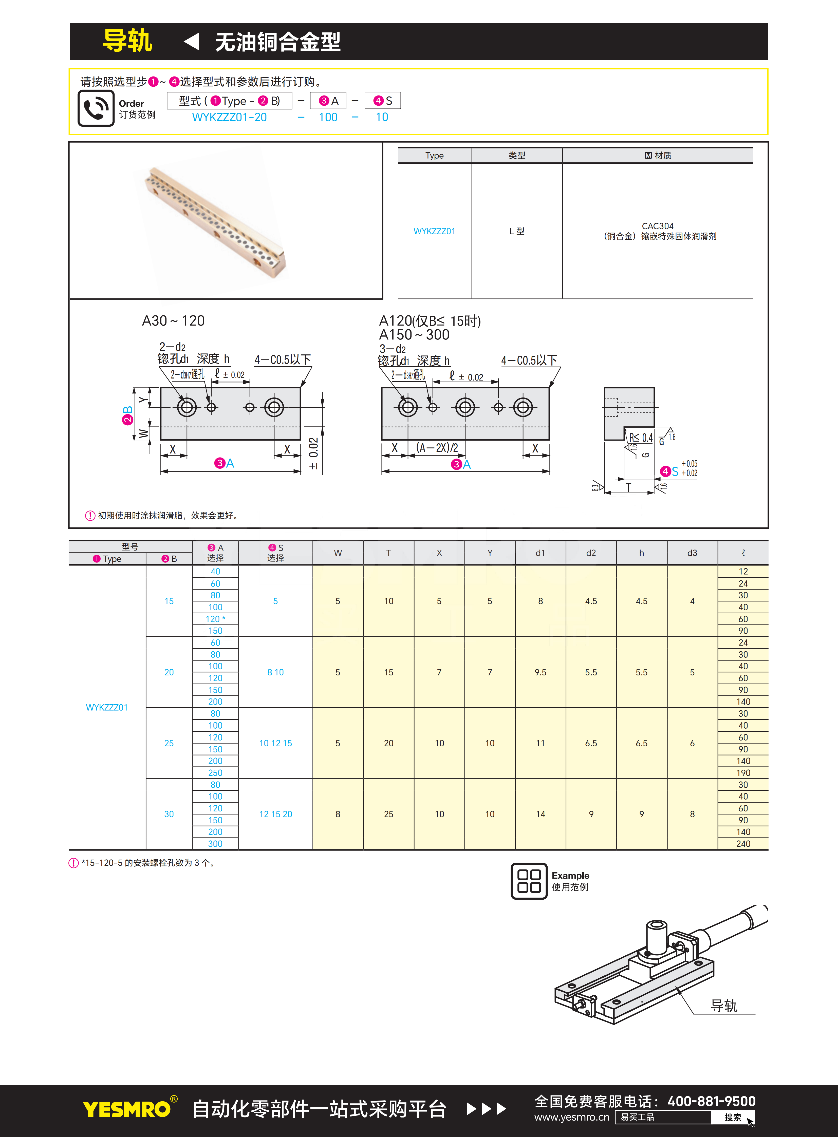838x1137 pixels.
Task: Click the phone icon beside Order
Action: coord(96,108)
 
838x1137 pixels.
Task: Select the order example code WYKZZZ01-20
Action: coord(229,117)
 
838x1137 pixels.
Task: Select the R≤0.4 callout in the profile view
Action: coord(641,437)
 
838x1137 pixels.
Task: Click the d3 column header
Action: coord(692,553)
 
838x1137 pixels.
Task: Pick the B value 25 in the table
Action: coord(169,743)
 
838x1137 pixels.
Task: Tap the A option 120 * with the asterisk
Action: coord(215,619)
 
